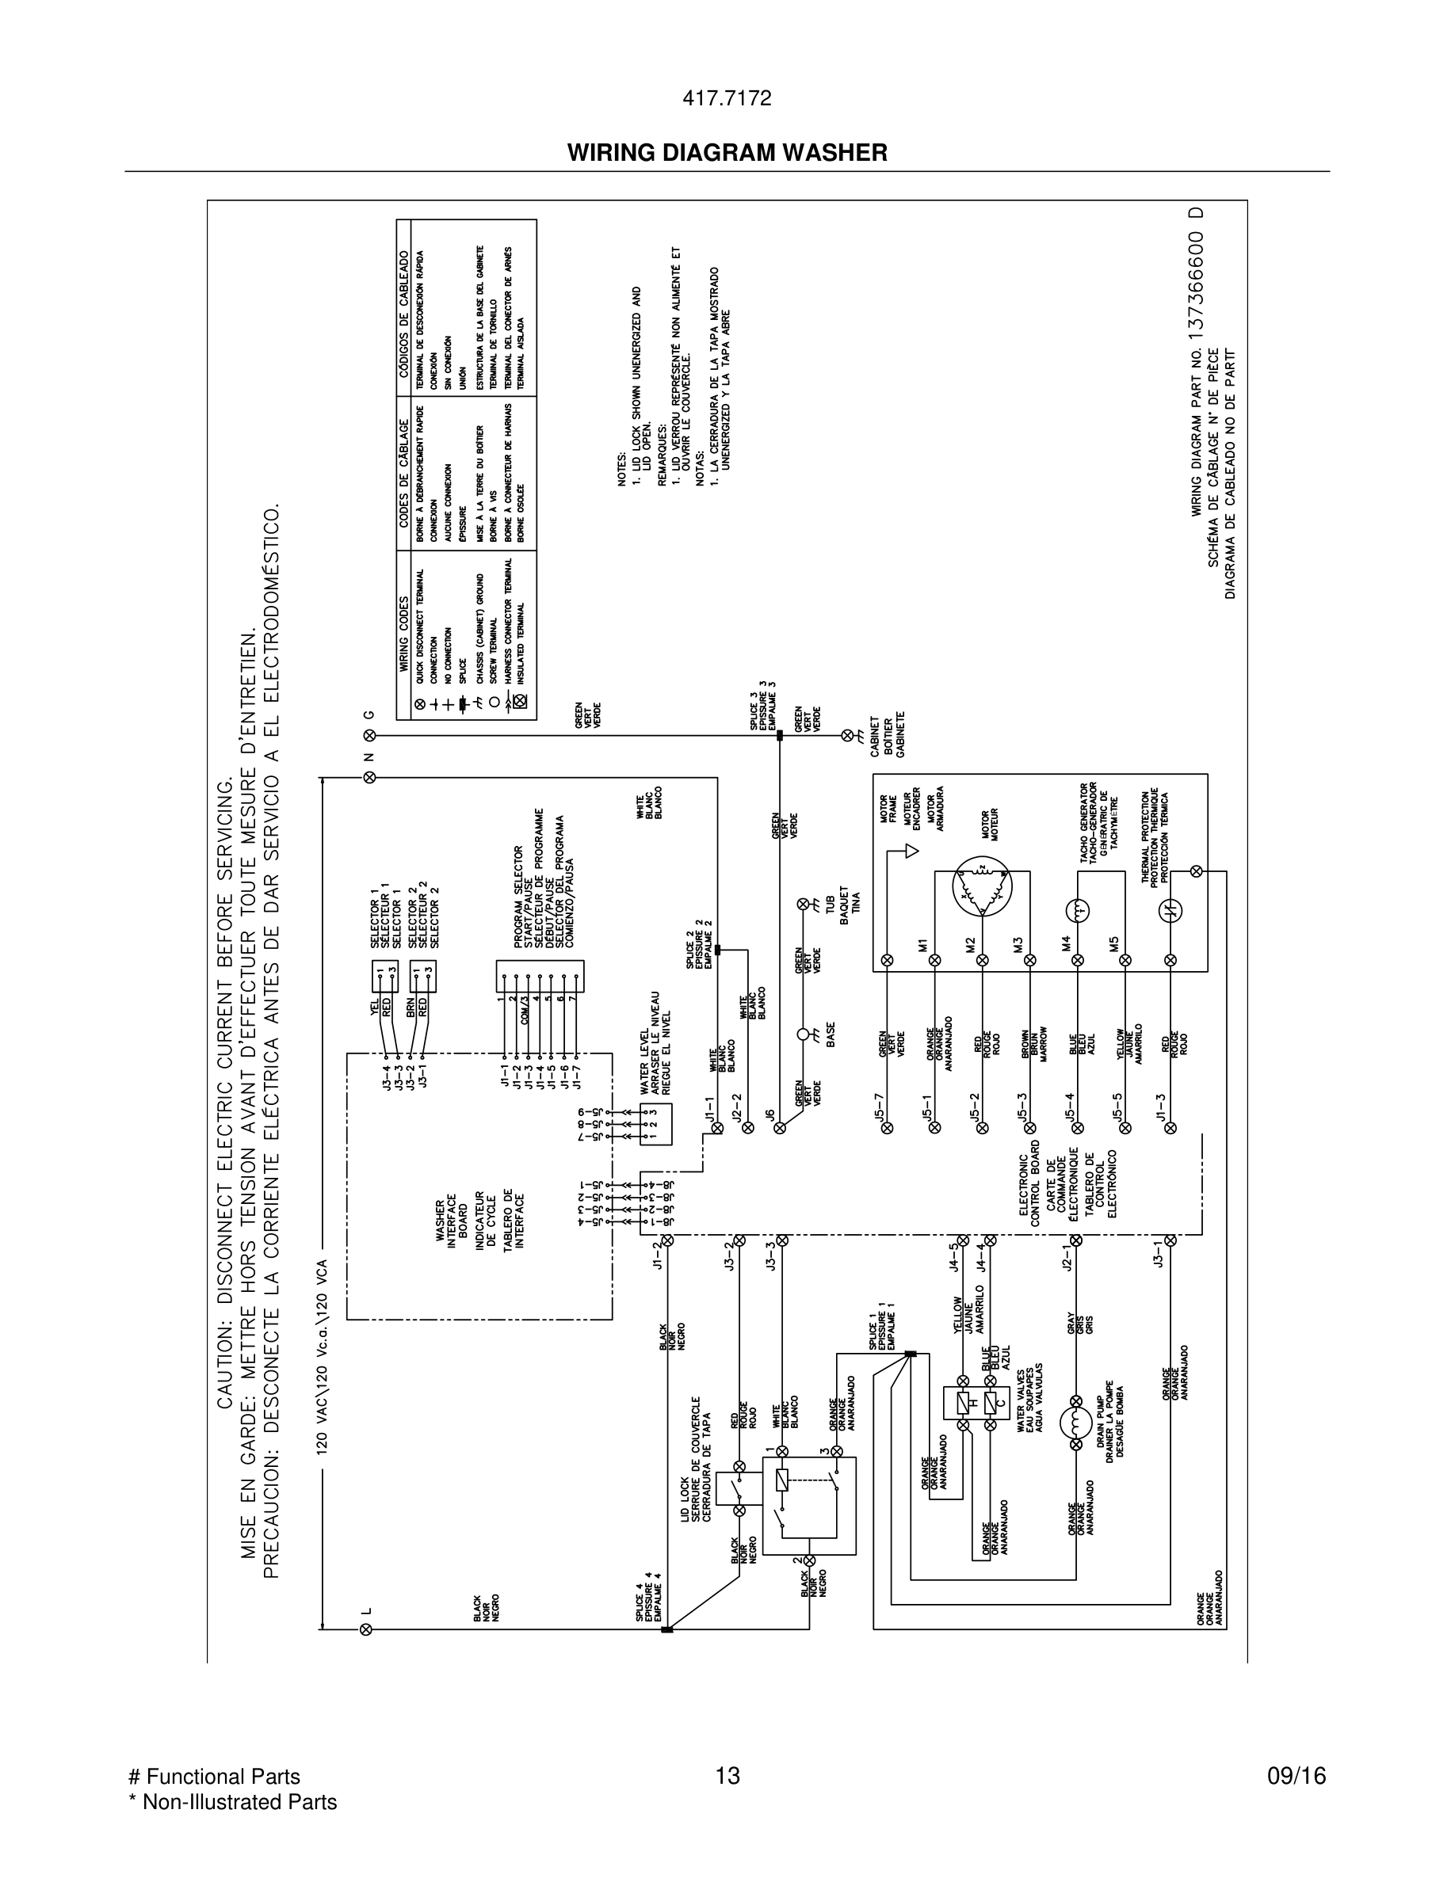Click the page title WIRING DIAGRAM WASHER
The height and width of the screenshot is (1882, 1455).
[x=727, y=154]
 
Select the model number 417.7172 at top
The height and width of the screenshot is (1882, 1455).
[x=727, y=99]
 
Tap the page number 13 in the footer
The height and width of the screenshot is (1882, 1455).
[x=727, y=1776]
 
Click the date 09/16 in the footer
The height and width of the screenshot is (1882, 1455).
[x=1296, y=1776]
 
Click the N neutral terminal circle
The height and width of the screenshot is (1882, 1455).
[x=370, y=777]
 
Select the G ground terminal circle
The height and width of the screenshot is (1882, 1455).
[x=370, y=735]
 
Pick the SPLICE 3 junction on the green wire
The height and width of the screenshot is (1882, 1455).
[x=779, y=736]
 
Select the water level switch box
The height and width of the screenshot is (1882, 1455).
[x=655, y=1125]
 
